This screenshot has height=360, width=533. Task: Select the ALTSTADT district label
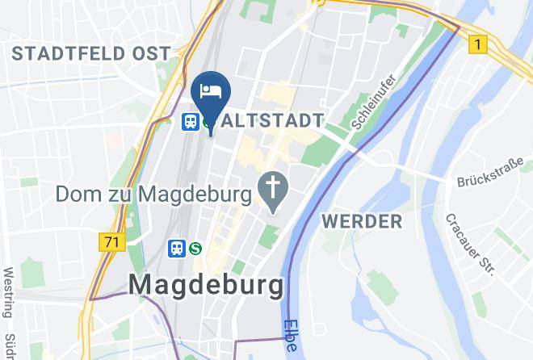[x=272, y=121]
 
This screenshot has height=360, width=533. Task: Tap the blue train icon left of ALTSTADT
[x=191, y=121]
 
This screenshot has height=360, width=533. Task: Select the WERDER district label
[x=361, y=221]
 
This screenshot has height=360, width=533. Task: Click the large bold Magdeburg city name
[x=207, y=285]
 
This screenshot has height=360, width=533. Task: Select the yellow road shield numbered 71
[x=113, y=242]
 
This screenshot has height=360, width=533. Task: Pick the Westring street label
[x=9, y=294]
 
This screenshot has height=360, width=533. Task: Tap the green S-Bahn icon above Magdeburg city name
[x=195, y=249]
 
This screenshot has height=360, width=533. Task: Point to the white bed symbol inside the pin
[x=212, y=89]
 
